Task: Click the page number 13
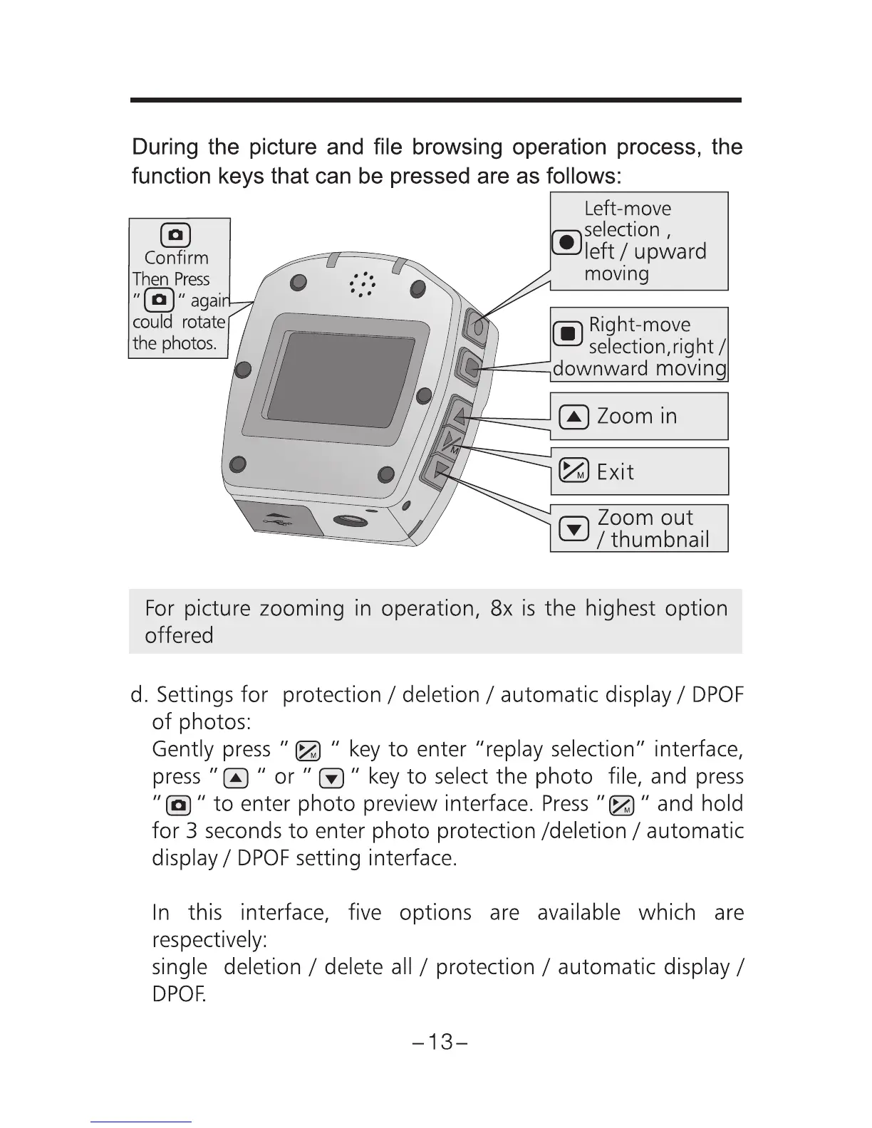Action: click(441, 1043)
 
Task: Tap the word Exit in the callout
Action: click(615, 471)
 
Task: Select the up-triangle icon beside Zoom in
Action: click(573, 417)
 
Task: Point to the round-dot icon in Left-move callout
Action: click(566, 242)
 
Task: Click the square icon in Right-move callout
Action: click(568, 333)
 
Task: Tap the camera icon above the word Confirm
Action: click(176, 234)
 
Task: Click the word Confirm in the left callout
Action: click(176, 258)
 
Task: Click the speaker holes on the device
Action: click(363, 284)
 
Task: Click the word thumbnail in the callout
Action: click(660, 540)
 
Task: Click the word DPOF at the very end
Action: click(178, 994)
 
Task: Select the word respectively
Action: click(209, 940)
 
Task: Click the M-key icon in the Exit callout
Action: click(573, 471)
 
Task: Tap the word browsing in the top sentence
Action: click(458, 147)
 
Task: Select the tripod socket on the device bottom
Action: click(349, 520)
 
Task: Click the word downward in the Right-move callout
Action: click(601, 369)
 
